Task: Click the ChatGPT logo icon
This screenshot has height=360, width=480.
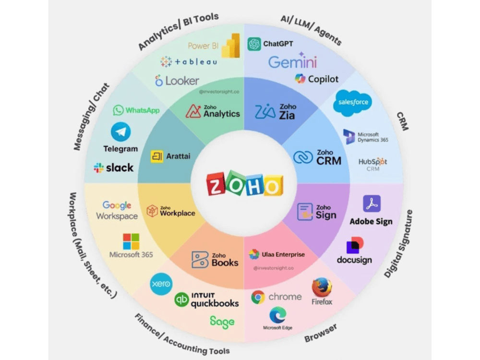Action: (254, 44)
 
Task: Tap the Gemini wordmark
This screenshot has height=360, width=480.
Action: (292, 62)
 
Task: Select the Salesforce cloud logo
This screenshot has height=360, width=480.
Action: (353, 103)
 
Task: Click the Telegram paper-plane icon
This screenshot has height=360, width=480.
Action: (120, 132)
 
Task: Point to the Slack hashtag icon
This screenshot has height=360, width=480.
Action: (98, 168)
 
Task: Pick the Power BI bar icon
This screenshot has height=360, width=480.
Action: (231, 46)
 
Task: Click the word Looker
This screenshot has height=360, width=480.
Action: (182, 81)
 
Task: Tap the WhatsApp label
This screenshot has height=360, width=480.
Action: (143, 110)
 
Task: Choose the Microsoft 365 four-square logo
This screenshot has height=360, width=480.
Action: (131, 241)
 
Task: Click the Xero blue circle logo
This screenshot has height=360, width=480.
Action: (161, 284)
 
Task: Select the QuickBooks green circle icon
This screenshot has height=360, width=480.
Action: (181, 300)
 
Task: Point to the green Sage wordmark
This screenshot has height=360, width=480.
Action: (222, 322)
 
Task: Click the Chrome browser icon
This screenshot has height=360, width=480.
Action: (258, 297)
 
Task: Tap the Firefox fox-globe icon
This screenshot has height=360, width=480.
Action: (322, 287)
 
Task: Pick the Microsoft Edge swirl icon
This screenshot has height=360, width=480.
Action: (277, 315)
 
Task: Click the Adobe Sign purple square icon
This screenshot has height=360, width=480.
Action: (372, 204)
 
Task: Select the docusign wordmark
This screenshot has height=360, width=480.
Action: (355, 260)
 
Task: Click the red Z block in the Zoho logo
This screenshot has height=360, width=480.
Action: (216, 184)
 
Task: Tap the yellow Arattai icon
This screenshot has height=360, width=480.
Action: (157, 156)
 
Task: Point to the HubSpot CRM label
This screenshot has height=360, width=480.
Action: (373, 165)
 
